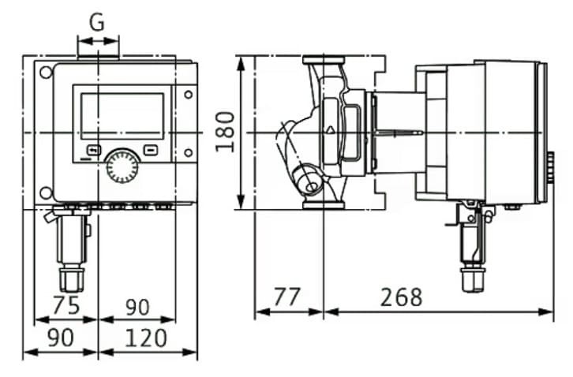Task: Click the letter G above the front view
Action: [97, 21]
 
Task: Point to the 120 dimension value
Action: [146, 338]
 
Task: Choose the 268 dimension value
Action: [401, 297]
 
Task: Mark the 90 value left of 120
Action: [61, 338]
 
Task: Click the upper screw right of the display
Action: [188, 95]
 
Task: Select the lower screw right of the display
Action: [188, 152]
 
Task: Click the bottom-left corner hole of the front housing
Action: [46, 192]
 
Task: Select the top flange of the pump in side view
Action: [323, 60]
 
